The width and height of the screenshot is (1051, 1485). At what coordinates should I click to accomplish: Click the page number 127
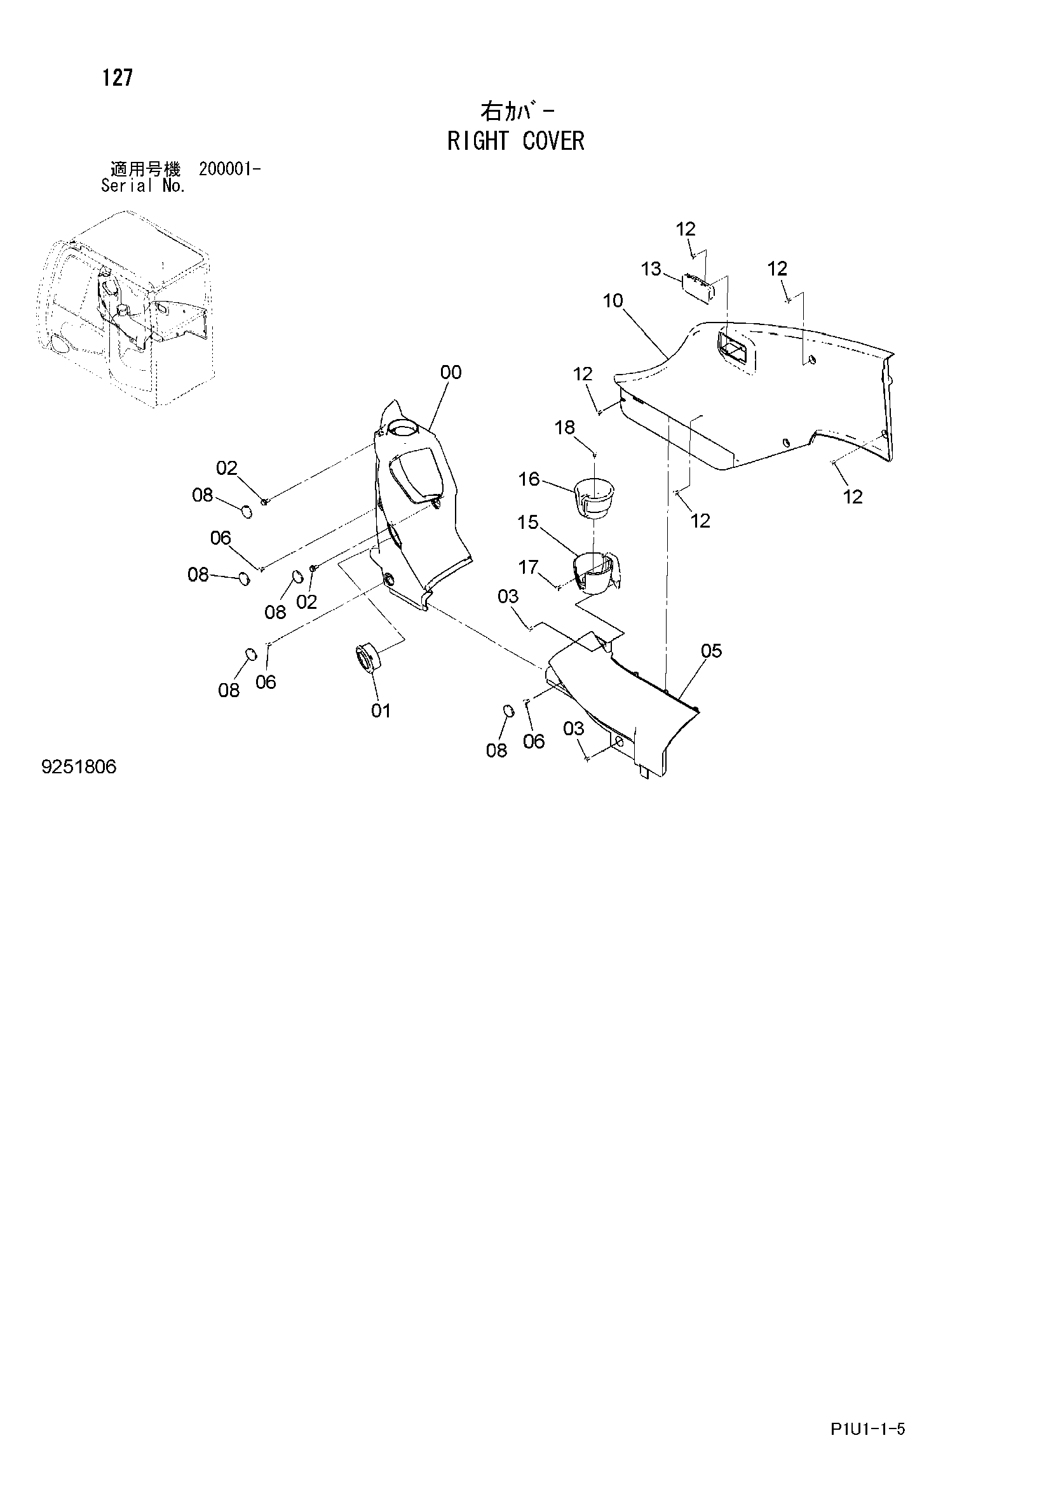[117, 78]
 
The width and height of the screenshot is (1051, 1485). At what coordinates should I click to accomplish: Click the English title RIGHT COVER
[516, 141]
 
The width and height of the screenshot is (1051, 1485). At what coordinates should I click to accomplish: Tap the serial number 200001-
[230, 170]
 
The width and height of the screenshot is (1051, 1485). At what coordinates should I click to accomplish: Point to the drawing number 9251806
[79, 767]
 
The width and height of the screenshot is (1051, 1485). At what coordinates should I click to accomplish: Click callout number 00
[451, 373]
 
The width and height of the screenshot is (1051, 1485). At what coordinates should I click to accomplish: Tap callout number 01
[381, 711]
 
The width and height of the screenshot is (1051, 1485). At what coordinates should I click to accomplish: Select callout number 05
[711, 651]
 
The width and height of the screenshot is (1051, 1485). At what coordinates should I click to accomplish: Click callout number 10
[612, 301]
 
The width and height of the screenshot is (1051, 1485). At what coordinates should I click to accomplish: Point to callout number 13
[651, 269]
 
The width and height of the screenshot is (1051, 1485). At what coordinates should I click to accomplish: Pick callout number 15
[528, 522]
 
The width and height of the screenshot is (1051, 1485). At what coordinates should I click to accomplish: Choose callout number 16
[529, 479]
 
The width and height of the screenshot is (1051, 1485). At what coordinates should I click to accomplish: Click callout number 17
[529, 567]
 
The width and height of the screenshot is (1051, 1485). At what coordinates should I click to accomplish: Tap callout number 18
[565, 427]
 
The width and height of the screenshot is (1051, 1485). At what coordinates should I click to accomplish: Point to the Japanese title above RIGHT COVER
[517, 112]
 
